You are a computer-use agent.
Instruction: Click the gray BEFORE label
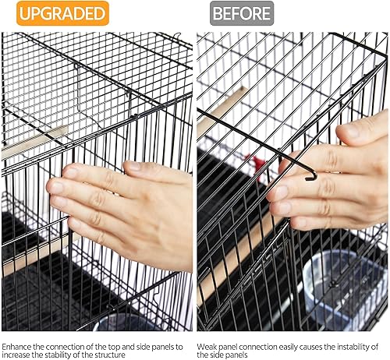click(242, 13)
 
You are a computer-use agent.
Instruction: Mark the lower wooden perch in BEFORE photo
click(234, 261)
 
